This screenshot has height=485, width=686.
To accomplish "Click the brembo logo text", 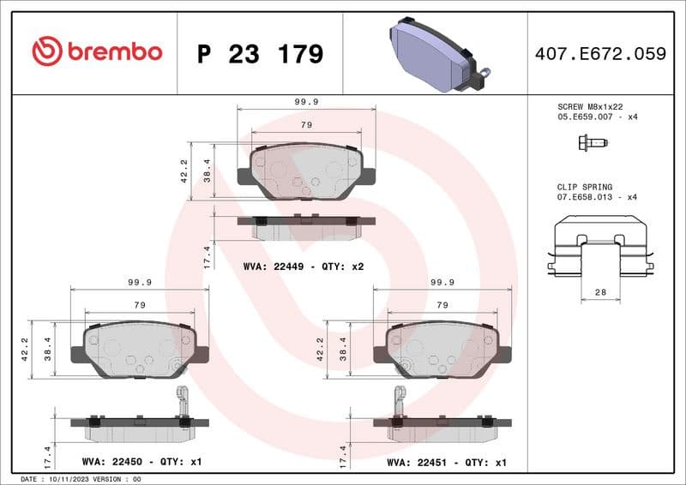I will pos(97,51).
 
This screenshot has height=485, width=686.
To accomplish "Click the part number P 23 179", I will pos(260,54).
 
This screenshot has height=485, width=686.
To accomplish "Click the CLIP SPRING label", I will pos(583,187).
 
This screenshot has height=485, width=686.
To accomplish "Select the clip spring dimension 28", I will pos(600,293).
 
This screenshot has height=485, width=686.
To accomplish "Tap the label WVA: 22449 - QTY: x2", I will pos(304,267).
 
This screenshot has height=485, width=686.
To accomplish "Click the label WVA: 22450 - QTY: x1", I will pos(141,462).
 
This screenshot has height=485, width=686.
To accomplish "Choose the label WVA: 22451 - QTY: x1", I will pos(447,462).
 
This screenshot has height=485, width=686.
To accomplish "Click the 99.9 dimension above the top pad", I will pos(306,101).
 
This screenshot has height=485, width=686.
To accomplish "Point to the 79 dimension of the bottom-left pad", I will pos(140,305).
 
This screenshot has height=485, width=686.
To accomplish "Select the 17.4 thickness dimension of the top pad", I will pos(207,256).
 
